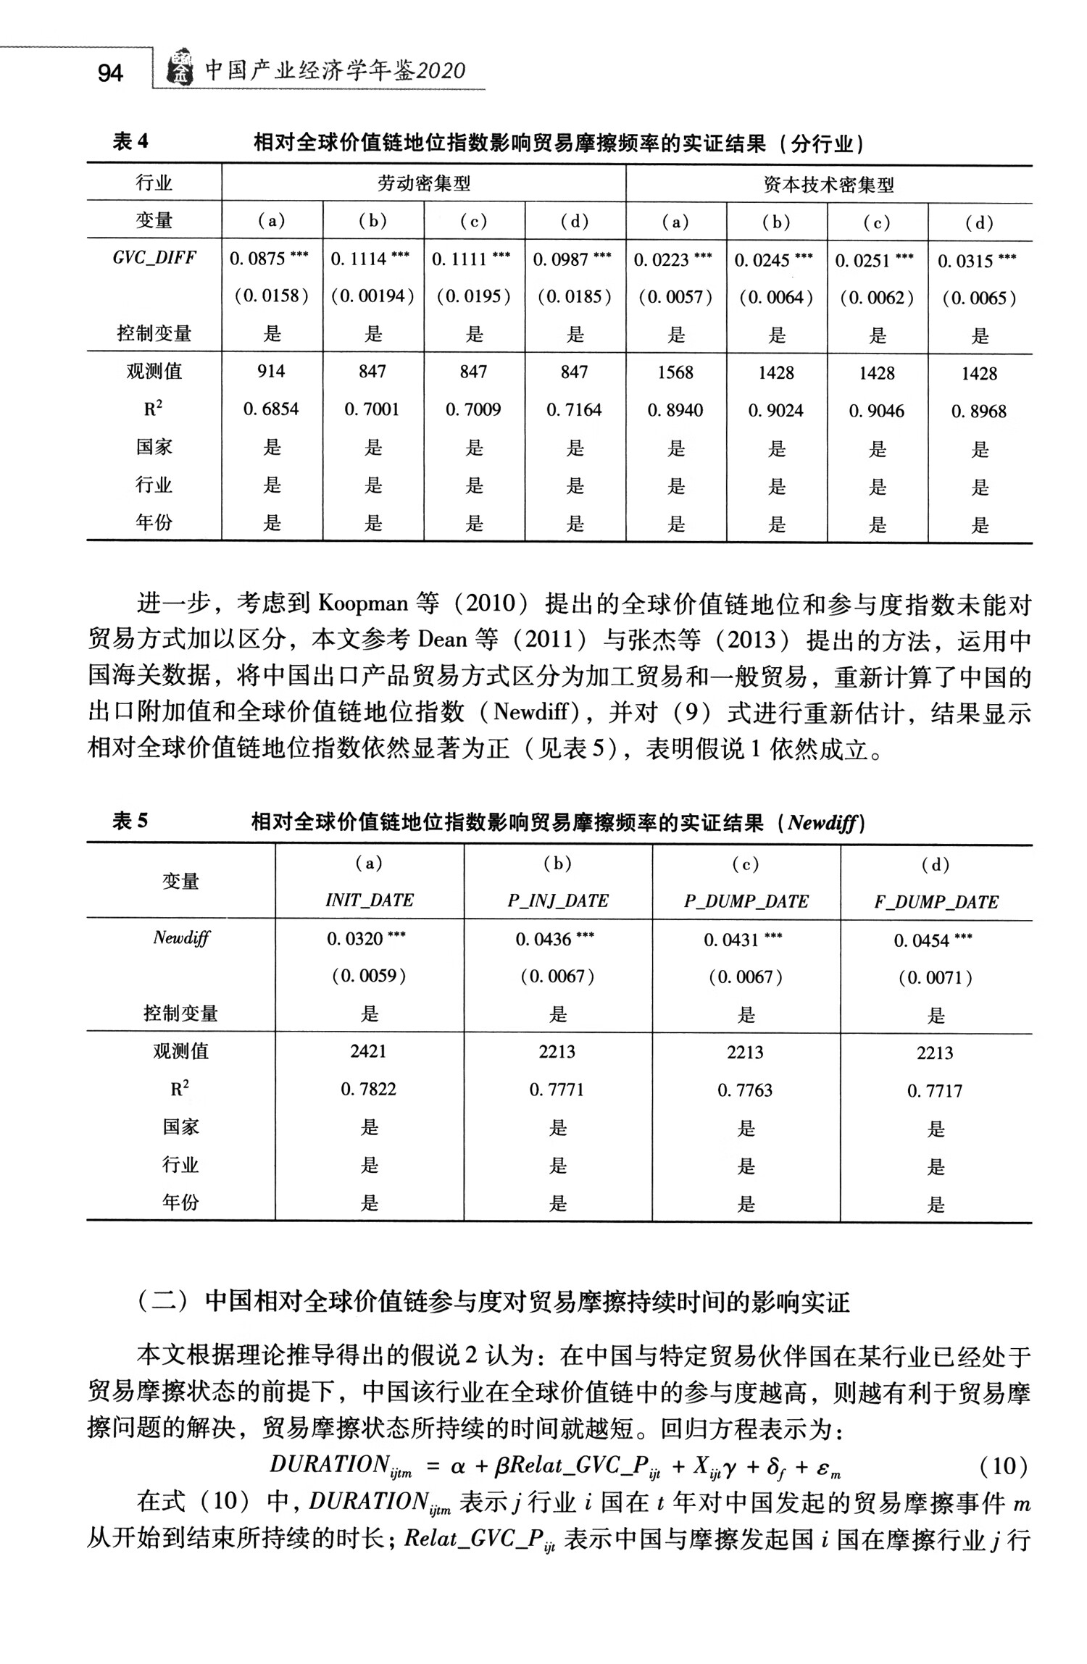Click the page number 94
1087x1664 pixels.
tap(109, 72)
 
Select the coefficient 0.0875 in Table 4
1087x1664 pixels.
tap(257, 259)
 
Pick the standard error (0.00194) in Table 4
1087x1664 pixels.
tap(372, 296)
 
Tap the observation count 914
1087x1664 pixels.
tap(271, 372)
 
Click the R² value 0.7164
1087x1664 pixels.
tap(574, 410)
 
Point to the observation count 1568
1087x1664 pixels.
tap(675, 372)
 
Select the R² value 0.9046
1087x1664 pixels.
tap(877, 411)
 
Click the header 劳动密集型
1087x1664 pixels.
tap(423, 183)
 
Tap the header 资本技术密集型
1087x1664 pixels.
tap(828, 185)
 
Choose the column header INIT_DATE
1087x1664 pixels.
tap(369, 900)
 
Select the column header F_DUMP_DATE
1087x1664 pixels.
tap(936, 902)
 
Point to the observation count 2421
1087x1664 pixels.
tap(368, 1051)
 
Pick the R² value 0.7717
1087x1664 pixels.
tap(935, 1091)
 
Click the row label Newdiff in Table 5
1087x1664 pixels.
tap(180, 938)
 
